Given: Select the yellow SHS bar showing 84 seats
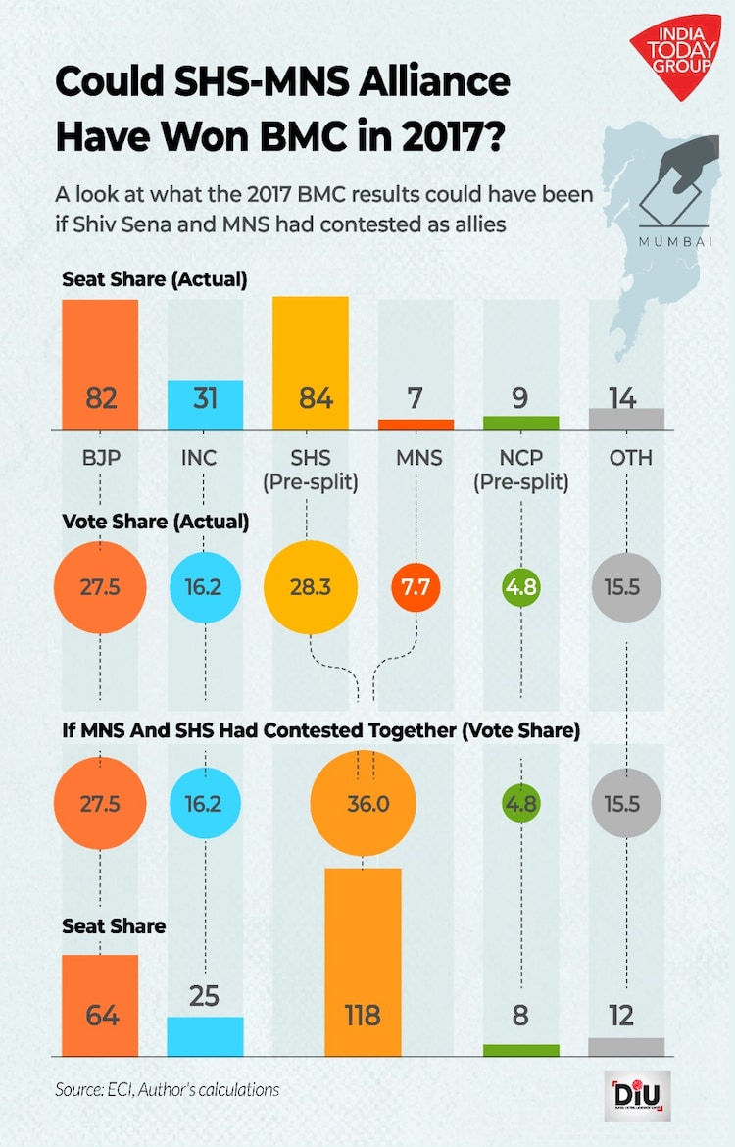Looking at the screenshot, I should click(310, 363).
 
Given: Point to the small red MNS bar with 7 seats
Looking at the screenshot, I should click(416, 424).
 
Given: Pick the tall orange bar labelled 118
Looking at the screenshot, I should click(363, 961).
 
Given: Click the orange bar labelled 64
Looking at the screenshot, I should click(100, 1005).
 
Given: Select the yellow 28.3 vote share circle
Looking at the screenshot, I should click(310, 589).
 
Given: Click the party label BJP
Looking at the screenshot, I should click(100, 458).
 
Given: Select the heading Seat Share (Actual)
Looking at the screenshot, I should click(154, 279).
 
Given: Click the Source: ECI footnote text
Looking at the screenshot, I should click(167, 1089).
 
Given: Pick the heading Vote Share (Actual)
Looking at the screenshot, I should click(155, 522).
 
